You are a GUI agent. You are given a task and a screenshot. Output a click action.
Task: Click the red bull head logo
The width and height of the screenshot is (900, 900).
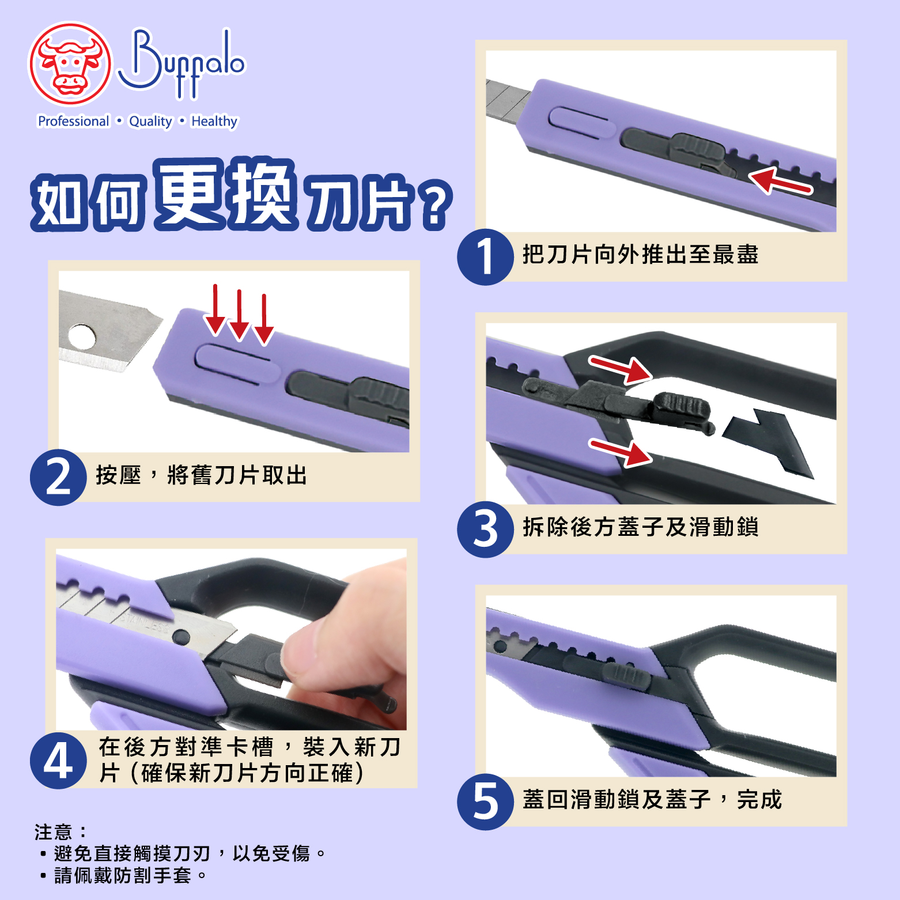click(x=70, y=64)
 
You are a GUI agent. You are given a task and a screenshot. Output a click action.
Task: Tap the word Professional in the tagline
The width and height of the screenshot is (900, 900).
click(x=73, y=121)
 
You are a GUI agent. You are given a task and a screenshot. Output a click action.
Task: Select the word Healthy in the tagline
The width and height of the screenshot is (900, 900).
click(x=214, y=122)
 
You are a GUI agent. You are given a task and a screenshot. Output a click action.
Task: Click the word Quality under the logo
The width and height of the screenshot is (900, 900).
click(x=150, y=122)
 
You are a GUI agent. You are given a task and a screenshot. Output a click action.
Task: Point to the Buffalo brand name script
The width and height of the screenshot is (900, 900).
click(x=182, y=63)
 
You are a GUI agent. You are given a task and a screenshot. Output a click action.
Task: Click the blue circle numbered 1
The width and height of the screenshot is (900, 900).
click(x=485, y=257)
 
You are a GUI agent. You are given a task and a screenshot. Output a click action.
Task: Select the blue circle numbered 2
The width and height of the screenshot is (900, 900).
click(x=58, y=478)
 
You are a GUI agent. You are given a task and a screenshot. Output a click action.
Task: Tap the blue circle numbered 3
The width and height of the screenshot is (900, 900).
click(x=485, y=530)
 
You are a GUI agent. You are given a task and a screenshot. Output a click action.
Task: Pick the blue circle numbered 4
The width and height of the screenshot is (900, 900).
click(x=58, y=761)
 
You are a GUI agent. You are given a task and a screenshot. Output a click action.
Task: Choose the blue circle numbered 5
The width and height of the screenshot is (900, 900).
click(x=485, y=802)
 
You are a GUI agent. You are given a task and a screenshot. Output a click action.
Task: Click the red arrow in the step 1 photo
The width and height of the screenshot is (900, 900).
click(x=781, y=181)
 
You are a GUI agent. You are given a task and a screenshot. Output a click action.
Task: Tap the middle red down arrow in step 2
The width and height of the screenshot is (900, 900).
click(x=239, y=315)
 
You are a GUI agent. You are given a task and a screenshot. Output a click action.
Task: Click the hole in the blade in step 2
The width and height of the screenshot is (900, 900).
click(x=81, y=336)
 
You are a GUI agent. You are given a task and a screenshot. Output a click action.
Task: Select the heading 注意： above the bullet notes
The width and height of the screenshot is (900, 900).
click(x=60, y=832)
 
